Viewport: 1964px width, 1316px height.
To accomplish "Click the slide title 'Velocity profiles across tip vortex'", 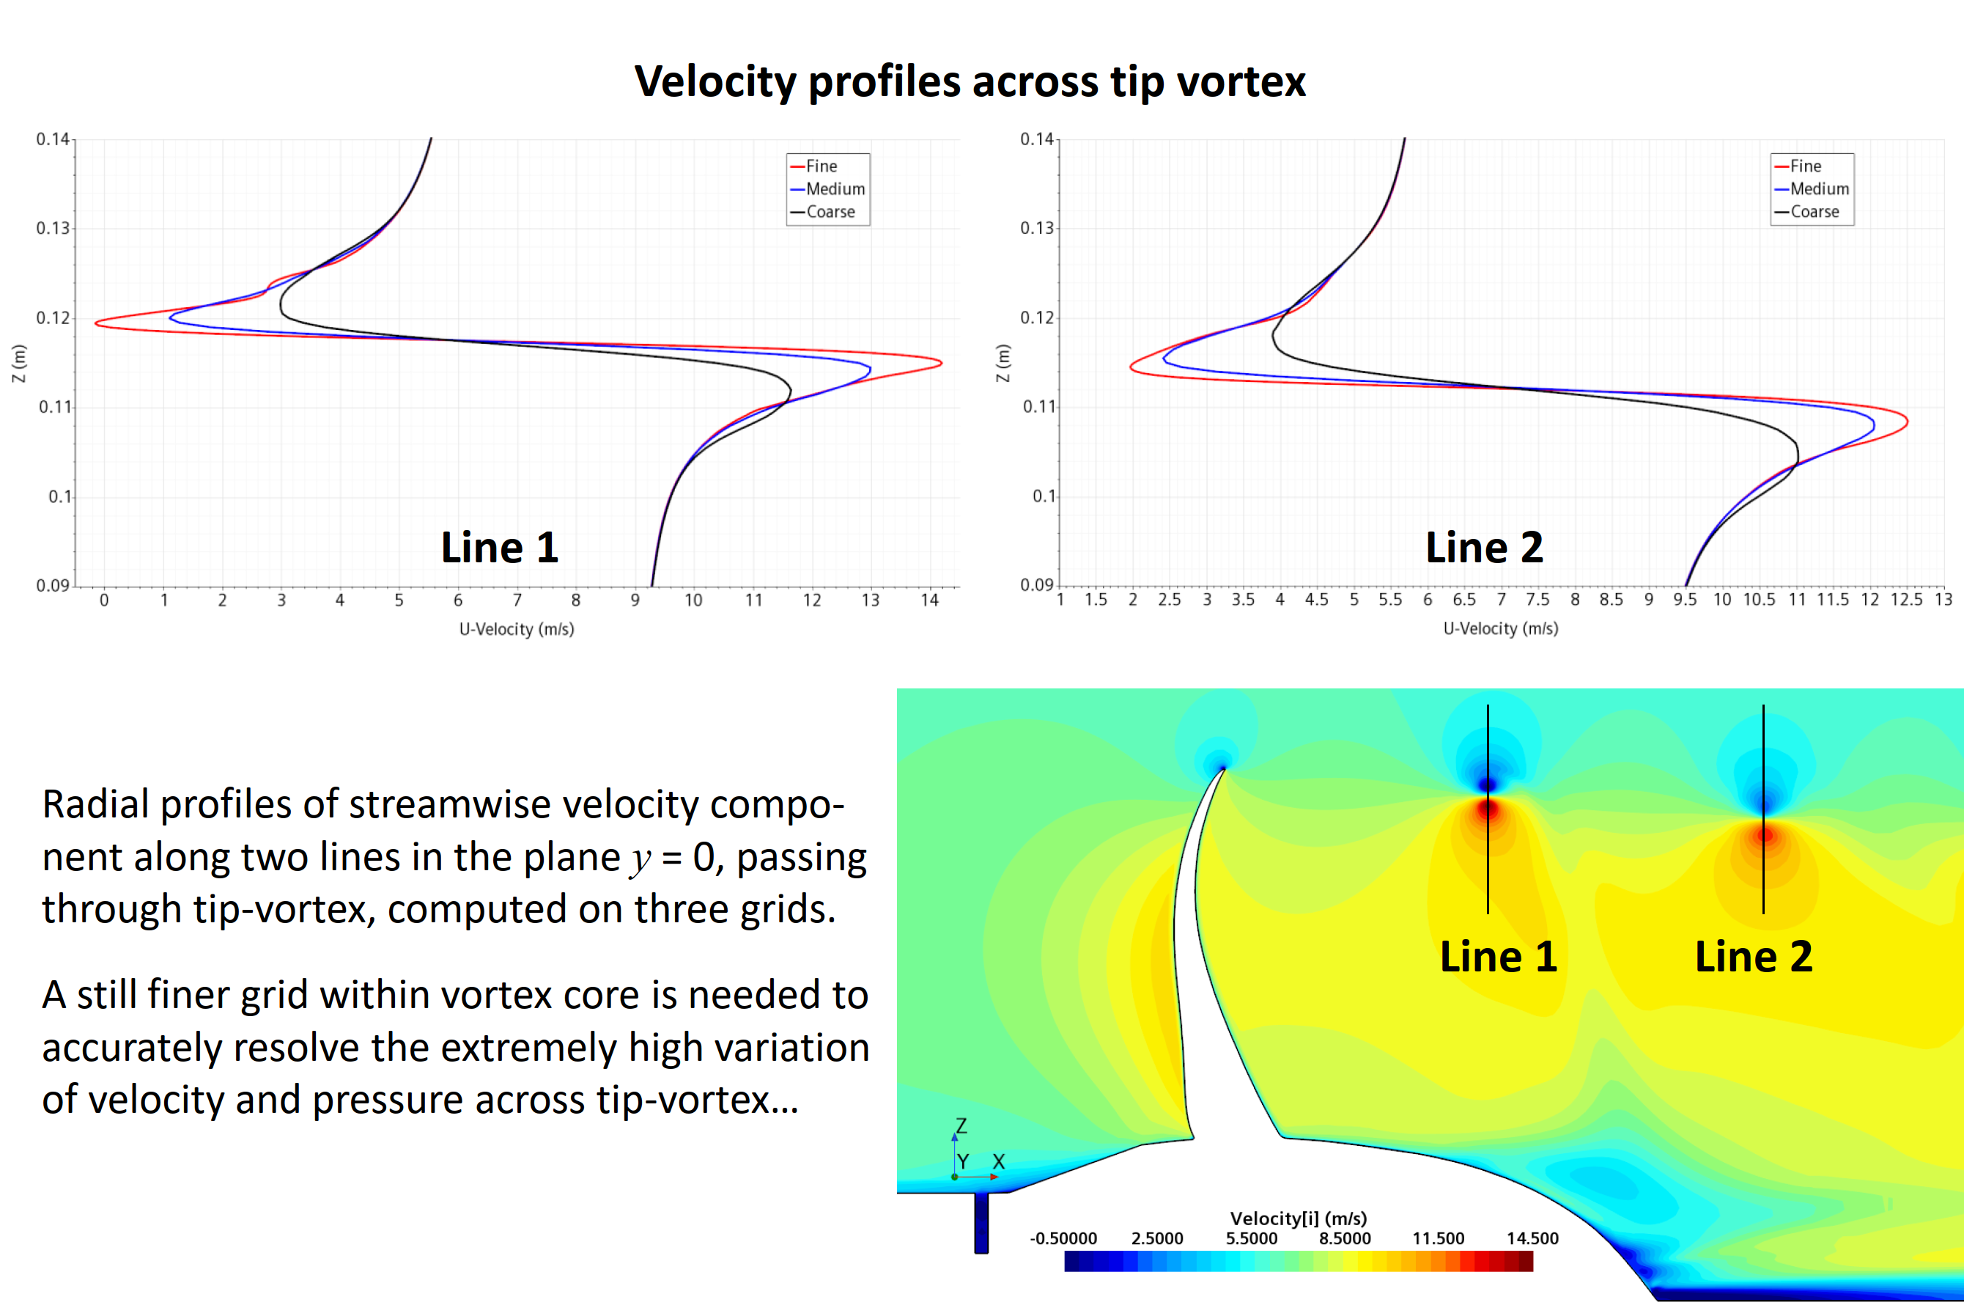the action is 970,82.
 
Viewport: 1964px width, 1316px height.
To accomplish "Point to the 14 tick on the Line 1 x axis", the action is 929,600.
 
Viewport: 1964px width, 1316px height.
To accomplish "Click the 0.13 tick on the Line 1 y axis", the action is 53,228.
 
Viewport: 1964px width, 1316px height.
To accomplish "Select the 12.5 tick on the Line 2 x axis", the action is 1906,599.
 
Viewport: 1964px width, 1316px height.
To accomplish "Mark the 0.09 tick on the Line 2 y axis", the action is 1037,585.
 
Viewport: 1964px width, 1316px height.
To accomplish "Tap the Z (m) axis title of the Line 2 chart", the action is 1003,363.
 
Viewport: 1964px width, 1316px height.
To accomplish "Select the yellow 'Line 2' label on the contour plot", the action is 1754,957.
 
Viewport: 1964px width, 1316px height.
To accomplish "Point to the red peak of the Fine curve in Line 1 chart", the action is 941,363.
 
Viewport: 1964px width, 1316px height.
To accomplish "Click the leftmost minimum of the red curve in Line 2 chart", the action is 1131,366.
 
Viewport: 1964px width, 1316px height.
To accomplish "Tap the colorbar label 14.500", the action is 1532,1238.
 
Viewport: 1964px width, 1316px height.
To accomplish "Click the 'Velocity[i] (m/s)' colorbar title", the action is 1299,1218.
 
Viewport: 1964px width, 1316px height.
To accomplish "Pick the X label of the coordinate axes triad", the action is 998,1161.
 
